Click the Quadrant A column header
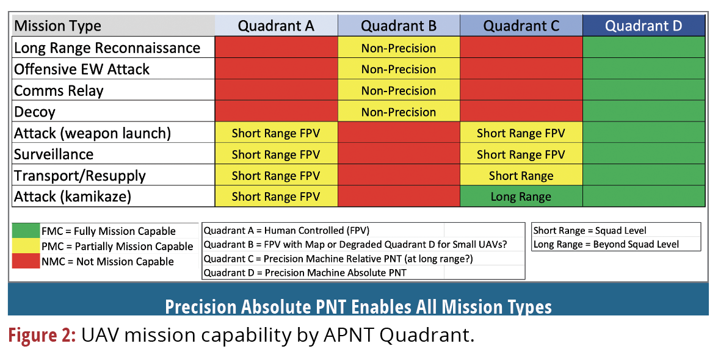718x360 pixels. (276, 26)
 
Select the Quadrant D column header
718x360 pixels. (644, 26)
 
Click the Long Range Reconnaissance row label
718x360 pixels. (107, 48)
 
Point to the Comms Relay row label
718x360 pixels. (59, 90)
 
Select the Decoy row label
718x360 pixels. (35, 112)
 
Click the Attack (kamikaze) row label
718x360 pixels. (73, 196)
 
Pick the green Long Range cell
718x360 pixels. (521, 196)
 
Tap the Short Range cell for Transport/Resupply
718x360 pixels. (521, 176)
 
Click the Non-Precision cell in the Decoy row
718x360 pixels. (398, 112)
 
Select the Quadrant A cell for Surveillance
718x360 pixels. (276, 154)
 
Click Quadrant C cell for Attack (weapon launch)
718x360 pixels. (521, 133)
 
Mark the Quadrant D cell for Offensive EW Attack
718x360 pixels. (644, 69)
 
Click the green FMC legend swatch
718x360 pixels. (25, 231)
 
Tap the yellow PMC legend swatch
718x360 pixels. (25, 246)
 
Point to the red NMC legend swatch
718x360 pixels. (25, 261)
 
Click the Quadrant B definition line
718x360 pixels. (355, 245)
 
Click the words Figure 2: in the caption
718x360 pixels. (42, 335)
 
